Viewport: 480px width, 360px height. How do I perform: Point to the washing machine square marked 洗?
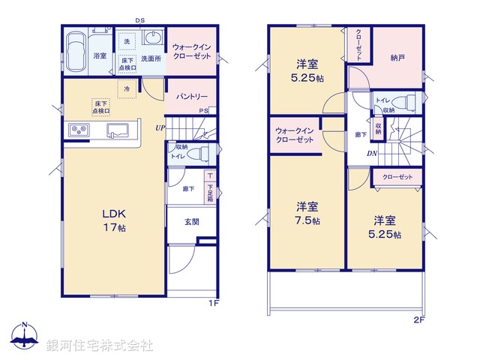tap(127, 41)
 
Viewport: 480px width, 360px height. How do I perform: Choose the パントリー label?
tap(192, 97)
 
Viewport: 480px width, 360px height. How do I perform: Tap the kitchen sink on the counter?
tap(118, 130)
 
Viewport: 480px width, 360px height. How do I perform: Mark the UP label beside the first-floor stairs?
tap(160, 127)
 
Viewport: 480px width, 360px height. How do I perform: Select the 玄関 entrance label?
tap(192, 222)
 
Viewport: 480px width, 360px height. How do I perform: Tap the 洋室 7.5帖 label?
tap(306, 213)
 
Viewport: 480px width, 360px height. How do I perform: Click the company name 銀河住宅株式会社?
tap(100, 346)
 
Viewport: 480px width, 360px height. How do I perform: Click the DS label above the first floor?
tap(140, 21)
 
